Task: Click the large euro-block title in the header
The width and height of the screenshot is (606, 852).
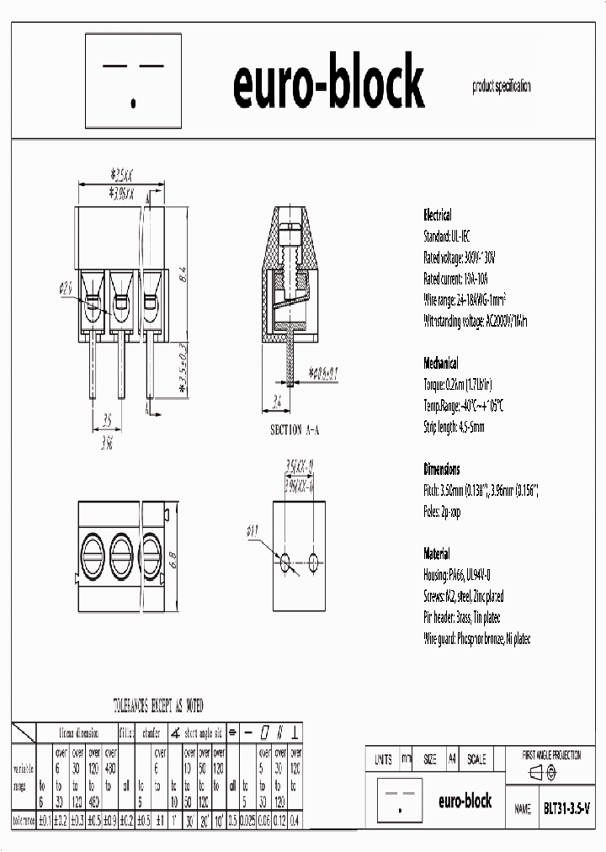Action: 327,84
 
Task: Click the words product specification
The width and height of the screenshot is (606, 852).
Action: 502,86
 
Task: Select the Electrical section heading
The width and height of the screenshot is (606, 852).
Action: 437,215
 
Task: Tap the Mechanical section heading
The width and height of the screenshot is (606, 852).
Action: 441,364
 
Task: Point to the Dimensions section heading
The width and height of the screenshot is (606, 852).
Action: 442,469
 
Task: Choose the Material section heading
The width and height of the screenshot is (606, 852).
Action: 437,554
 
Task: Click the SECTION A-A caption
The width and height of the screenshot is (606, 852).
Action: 295,430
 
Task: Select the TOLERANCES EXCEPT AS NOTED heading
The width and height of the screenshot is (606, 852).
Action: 158,706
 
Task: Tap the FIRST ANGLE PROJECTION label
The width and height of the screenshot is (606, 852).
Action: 552,756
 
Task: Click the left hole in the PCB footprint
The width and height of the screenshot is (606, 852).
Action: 285,561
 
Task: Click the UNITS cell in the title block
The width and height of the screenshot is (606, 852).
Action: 383,759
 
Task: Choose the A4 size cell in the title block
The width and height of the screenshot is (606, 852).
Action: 452,759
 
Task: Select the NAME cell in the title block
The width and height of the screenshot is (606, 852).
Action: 522,808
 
